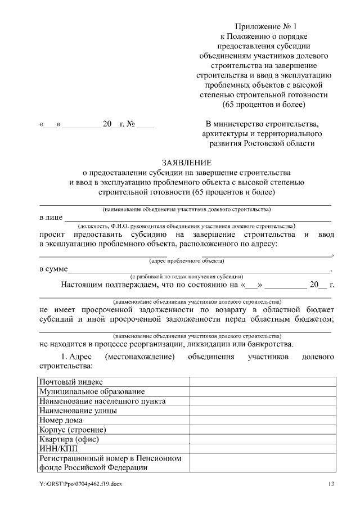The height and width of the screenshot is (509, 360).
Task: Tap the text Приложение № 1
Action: coord(263,26)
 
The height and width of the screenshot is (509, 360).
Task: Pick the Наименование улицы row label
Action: coord(78,411)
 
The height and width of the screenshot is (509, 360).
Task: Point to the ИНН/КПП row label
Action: coord(60,449)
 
